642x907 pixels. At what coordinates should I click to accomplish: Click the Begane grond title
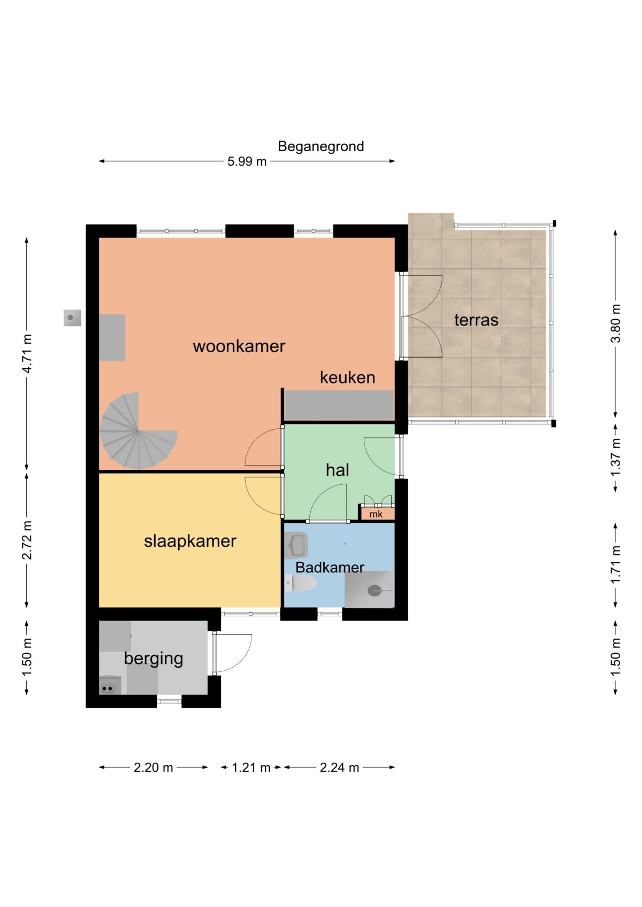point(320,146)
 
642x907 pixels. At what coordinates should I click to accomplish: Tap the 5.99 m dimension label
point(247,161)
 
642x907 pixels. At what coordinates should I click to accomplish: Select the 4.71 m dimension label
point(27,353)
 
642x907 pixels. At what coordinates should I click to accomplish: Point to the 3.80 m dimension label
point(615,323)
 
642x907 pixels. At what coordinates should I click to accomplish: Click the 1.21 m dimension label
point(251,768)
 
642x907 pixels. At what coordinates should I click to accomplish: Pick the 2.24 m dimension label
point(339,768)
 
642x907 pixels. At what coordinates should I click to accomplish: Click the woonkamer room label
point(239,346)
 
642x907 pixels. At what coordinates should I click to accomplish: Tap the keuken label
point(347,377)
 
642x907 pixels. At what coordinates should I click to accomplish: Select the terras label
point(476,320)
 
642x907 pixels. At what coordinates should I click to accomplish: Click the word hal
point(337,470)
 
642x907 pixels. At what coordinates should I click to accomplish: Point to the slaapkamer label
point(190,541)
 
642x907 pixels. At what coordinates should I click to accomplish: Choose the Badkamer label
point(330,567)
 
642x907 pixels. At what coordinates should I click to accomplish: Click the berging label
point(154,659)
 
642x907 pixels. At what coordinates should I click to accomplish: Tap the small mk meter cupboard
point(377,514)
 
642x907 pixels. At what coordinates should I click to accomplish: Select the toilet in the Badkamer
point(300,584)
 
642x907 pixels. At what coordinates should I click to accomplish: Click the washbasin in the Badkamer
point(296,545)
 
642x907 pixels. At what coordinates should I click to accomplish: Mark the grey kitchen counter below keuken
point(339,405)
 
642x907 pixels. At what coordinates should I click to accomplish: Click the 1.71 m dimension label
point(615,565)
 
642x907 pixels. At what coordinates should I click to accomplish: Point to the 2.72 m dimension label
point(27,540)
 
